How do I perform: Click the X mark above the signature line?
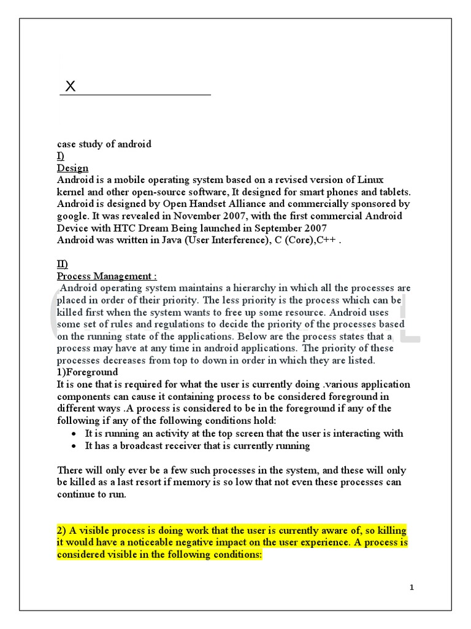(x=71, y=87)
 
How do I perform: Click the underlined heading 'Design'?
(x=72, y=168)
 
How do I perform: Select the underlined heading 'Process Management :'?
(x=107, y=276)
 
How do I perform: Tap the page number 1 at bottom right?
(x=412, y=588)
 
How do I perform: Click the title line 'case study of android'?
(x=104, y=144)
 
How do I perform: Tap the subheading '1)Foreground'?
(x=88, y=372)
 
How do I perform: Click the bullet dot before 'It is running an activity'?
(x=73, y=434)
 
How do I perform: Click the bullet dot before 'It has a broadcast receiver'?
(x=73, y=446)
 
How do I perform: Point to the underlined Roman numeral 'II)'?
(x=63, y=264)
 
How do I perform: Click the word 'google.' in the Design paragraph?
(x=74, y=216)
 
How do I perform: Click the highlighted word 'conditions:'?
(x=237, y=554)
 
